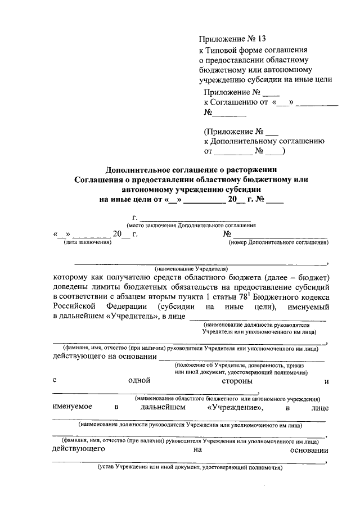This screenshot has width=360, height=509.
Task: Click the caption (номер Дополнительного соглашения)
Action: point(278,242)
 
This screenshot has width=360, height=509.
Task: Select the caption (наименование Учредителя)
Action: point(191,268)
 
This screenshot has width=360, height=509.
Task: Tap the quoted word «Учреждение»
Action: point(236,407)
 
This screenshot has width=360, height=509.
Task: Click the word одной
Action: point(138,381)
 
